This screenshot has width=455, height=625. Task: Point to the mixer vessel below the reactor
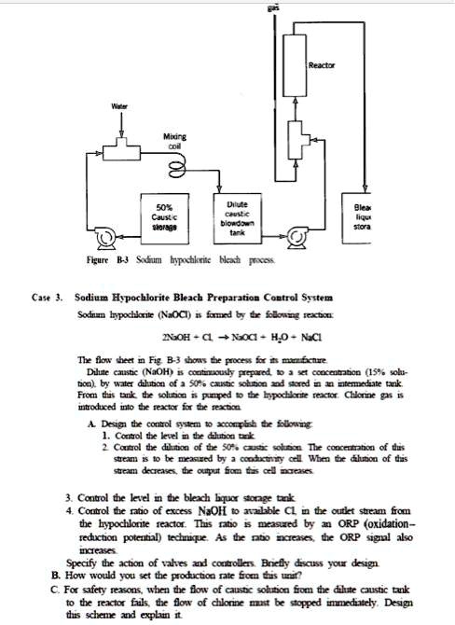pos(297,143)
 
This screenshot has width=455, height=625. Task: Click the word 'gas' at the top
pos(299,4)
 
